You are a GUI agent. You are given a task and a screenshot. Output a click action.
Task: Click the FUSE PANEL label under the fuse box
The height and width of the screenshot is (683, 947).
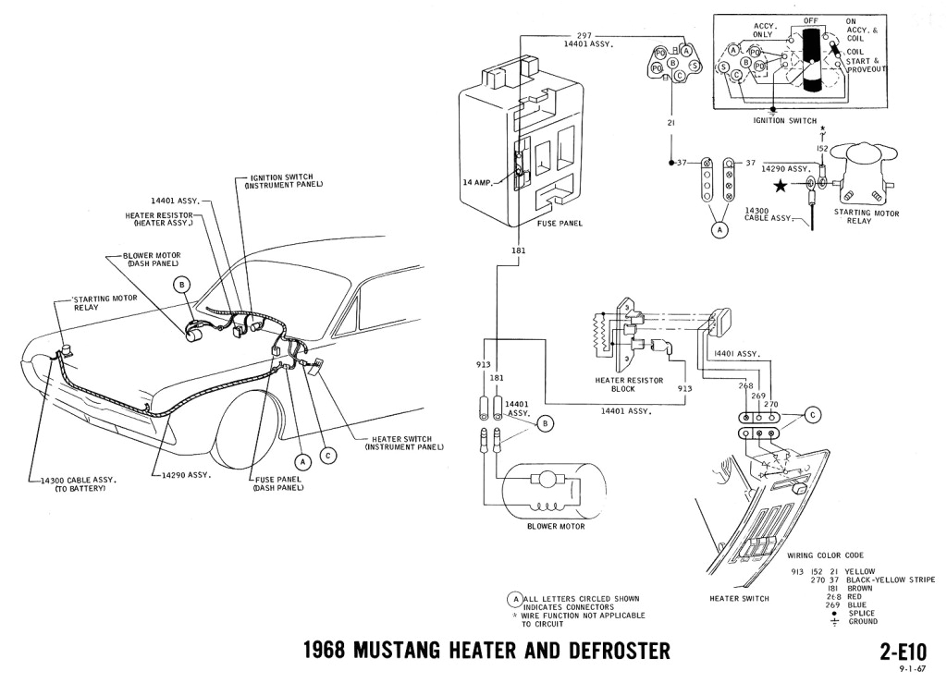(x=560, y=223)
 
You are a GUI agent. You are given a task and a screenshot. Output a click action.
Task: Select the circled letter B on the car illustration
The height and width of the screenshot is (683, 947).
(x=181, y=285)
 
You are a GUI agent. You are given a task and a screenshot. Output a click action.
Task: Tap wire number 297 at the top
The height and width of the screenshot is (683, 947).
(x=583, y=34)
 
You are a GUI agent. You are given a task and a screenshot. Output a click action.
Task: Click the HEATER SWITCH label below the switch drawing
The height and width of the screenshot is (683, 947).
(x=740, y=599)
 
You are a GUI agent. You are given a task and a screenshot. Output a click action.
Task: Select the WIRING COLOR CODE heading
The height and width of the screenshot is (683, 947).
(x=825, y=555)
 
